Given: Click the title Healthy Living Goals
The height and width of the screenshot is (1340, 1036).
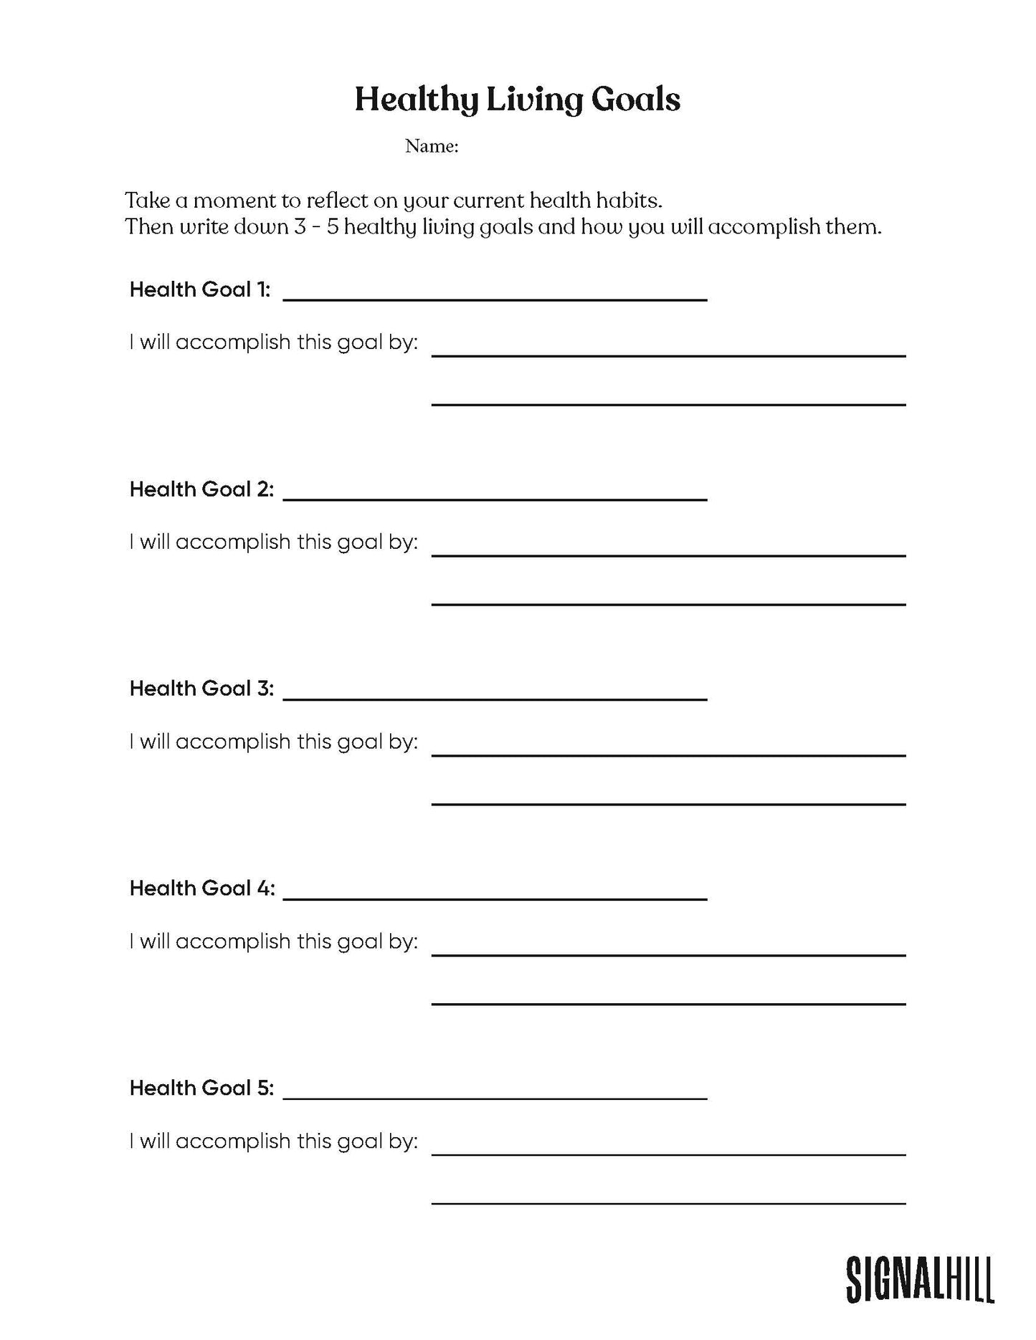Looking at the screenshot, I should (x=517, y=100).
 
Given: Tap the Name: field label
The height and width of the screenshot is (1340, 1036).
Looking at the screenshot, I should (x=431, y=146).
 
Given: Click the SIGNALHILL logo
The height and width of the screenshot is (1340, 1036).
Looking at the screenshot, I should (x=920, y=1279).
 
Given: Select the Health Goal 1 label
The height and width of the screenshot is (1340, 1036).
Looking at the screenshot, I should (x=199, y=289).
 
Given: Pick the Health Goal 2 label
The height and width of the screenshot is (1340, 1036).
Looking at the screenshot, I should (x=201, y=489).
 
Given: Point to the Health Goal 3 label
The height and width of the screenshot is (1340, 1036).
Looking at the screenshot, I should (x=201, y=689).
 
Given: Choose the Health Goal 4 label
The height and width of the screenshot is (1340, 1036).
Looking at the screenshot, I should (x=201, y=889).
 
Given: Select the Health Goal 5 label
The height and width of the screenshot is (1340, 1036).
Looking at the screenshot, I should (x=201, y=1088).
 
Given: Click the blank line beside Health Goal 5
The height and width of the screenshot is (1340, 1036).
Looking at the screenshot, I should (x=495, y=1093).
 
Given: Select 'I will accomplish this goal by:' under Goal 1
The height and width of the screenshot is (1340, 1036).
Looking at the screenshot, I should (x=273, y=343).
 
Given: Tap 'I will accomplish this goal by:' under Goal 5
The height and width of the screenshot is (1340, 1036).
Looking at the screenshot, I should (x=273, y=1141).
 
